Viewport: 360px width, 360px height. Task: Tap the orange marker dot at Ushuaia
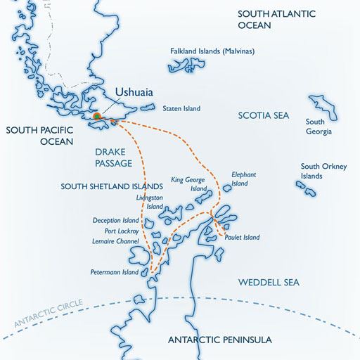coord(97,116)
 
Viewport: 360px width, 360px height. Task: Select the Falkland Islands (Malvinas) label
coord(212,51)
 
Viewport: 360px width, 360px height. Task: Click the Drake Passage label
coord(113,157)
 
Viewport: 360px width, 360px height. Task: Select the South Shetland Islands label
coord(112,186)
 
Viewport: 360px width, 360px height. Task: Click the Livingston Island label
coord(150,203)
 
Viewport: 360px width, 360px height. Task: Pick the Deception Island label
coord(116,220)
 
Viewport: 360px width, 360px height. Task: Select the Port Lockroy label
coord(122,231)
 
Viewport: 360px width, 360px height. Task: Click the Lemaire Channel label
coord(116,241)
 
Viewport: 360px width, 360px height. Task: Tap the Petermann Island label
coord(115,272)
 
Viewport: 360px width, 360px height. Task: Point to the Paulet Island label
coord(243,238)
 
